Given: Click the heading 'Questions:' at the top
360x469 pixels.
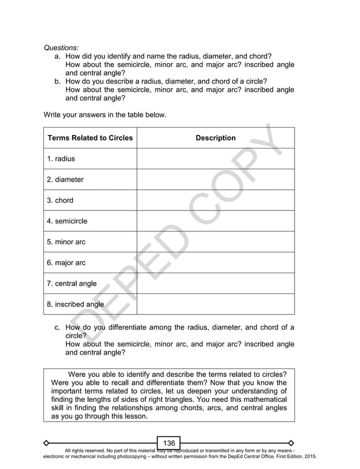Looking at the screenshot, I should tap(62, 48).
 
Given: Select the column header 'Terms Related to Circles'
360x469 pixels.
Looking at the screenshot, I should tap(90, 138).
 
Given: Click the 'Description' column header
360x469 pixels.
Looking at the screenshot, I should tap(216, 138).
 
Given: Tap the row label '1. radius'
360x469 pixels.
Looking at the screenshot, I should tap(61, 159).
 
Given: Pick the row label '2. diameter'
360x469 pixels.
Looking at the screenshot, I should tap(65, 179).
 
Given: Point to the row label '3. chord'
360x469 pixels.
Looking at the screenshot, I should tap(60, 200).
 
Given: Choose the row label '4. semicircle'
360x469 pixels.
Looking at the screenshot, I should tap(67, 221).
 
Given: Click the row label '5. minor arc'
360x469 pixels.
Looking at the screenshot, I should tap(67, 242).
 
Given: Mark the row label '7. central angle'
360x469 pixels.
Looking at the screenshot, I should tap(72, 283).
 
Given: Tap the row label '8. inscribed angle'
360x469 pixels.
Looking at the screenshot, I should tap(75, 304).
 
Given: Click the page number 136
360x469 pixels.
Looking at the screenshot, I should tap(169, 443).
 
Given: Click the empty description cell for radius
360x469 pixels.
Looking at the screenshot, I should tap(216, 159).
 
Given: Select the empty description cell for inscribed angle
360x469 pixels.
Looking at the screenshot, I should tap(216, 304).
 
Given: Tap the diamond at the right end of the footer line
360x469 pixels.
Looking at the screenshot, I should tap(291, 442).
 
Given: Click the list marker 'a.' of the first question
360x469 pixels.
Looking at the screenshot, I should tap(58, 56).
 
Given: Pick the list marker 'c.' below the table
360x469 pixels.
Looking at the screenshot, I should tap(58, 327).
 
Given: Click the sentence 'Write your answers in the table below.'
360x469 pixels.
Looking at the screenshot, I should tap(105, 115).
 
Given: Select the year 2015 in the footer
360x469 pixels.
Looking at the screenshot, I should tap(309, 455).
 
